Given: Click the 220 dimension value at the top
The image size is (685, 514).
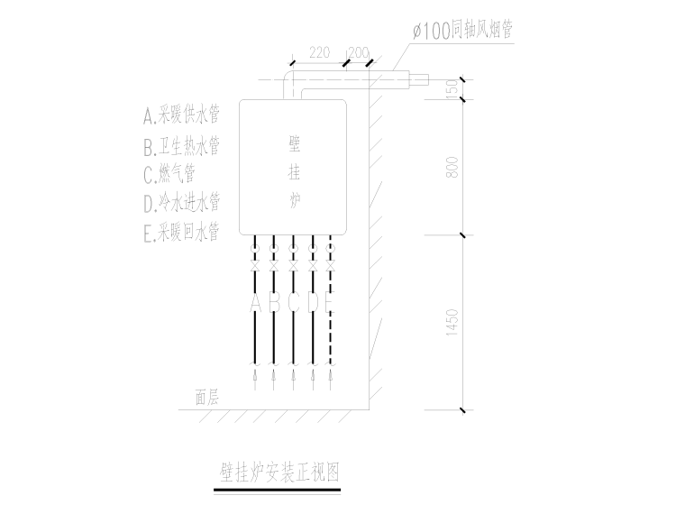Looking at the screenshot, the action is click(x=318, y=52).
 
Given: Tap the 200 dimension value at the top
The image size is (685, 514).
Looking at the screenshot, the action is click(x=357, y=52).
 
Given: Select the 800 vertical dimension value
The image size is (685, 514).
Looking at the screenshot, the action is click(x=453, y=167).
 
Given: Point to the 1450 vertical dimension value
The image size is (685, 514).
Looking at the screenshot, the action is click(x=453, y=323).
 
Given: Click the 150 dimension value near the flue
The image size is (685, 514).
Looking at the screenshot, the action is click(x=453, y=88).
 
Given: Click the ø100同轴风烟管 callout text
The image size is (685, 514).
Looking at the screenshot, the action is click(x=461, y=31).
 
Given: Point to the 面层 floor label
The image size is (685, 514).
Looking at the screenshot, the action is click(x=206, y=396).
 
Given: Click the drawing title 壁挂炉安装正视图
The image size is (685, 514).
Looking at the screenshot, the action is click(x=279, y=470).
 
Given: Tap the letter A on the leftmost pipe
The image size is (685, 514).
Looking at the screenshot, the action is click(x=255, y=301).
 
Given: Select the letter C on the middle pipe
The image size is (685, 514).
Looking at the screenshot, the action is click(x=293, y=301).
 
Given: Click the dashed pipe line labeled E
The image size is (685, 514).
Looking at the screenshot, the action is click(x=331, y=334).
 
